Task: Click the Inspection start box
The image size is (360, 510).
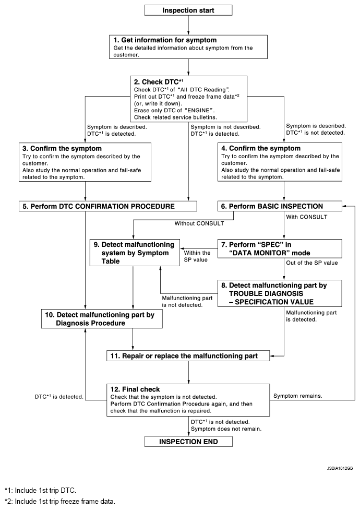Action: click(188, 10)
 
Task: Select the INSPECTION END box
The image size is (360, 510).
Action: click(188, 441)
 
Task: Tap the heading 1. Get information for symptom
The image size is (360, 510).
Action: click(165, 40)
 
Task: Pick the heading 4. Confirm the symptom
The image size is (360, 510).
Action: click(254, 148)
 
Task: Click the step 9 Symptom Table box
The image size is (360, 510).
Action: click(135, 253)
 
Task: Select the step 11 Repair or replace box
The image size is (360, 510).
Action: click(189, 357)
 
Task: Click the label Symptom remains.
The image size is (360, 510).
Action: click(297, 396)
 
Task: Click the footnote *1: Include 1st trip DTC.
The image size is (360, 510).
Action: click(40, 490)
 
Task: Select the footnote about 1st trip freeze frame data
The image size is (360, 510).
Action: click(59, 502)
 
